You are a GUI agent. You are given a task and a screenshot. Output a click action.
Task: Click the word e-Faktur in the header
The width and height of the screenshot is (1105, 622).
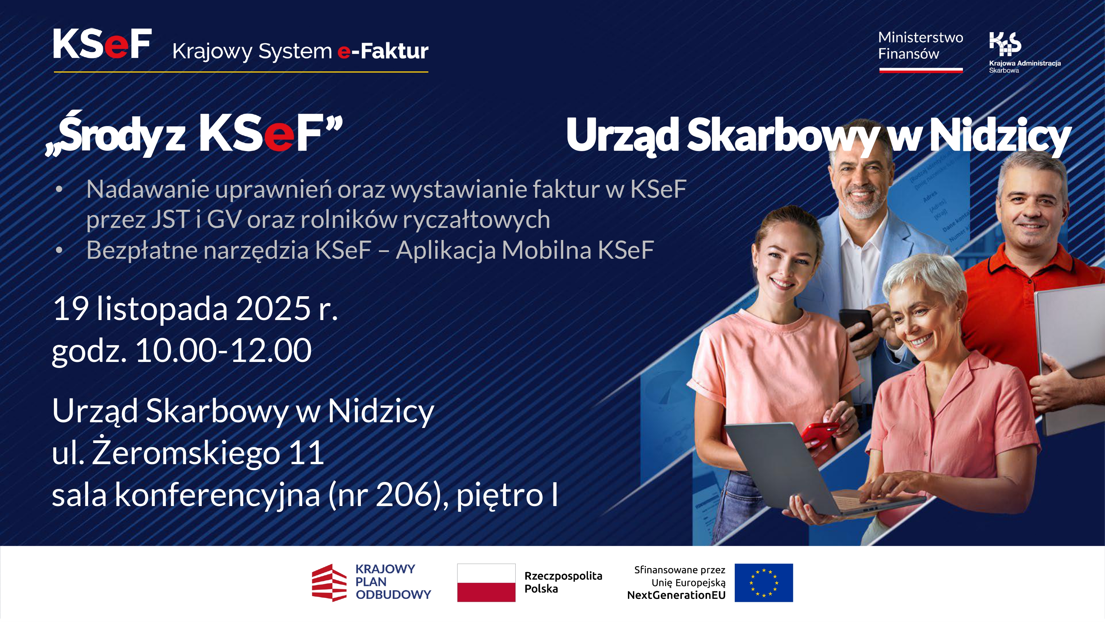point(383,52)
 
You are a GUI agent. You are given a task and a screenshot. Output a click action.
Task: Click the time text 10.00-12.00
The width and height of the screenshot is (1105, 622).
point(223,351)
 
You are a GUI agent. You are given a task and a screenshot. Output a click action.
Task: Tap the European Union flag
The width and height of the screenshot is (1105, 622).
point(763,582)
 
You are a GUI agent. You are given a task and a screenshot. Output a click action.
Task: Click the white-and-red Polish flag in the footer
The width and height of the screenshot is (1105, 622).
point(486,582)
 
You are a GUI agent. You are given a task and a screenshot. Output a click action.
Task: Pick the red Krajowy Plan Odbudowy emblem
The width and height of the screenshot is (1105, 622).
point(329,582)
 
